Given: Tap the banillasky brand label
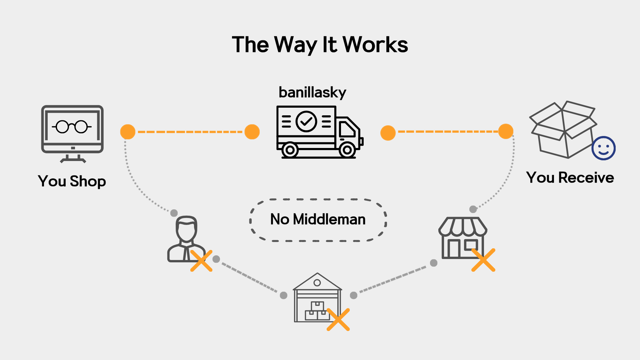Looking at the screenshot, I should click(312, 92).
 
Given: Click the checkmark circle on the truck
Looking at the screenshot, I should click(306, 121).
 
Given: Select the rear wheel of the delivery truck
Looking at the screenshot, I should click(290, 150).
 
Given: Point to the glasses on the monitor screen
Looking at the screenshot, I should click(72, 127).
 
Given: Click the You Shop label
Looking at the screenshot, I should click(72, 181).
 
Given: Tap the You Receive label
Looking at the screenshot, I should click(570, 177).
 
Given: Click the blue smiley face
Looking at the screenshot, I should click(603, 148).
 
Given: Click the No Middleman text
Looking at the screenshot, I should click(318, 219).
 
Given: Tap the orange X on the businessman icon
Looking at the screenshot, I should click(201, 261).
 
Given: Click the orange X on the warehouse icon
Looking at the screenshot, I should click(338, 319).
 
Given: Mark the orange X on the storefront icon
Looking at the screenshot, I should click(483, 260).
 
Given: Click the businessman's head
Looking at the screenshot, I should click(186, 228).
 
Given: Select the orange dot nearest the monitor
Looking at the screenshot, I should click(128, 132).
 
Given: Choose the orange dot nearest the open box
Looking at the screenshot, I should click(506, 131).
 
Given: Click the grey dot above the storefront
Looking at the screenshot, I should click(473, 209).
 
